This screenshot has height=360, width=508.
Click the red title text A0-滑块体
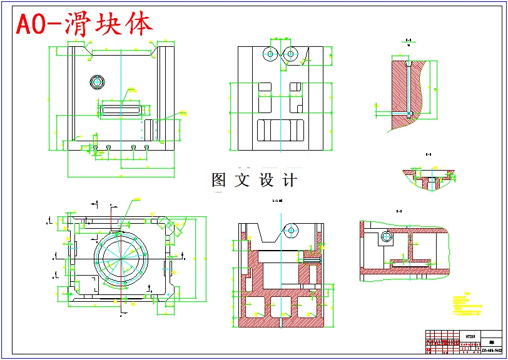85,24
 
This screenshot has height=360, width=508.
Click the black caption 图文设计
254,180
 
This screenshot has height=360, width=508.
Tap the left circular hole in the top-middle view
270,54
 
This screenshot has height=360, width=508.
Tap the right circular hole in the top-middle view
290,54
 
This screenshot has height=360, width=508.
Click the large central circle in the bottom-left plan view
120,257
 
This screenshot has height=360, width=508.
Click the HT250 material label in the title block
471,336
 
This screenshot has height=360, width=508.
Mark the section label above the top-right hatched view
408,40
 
